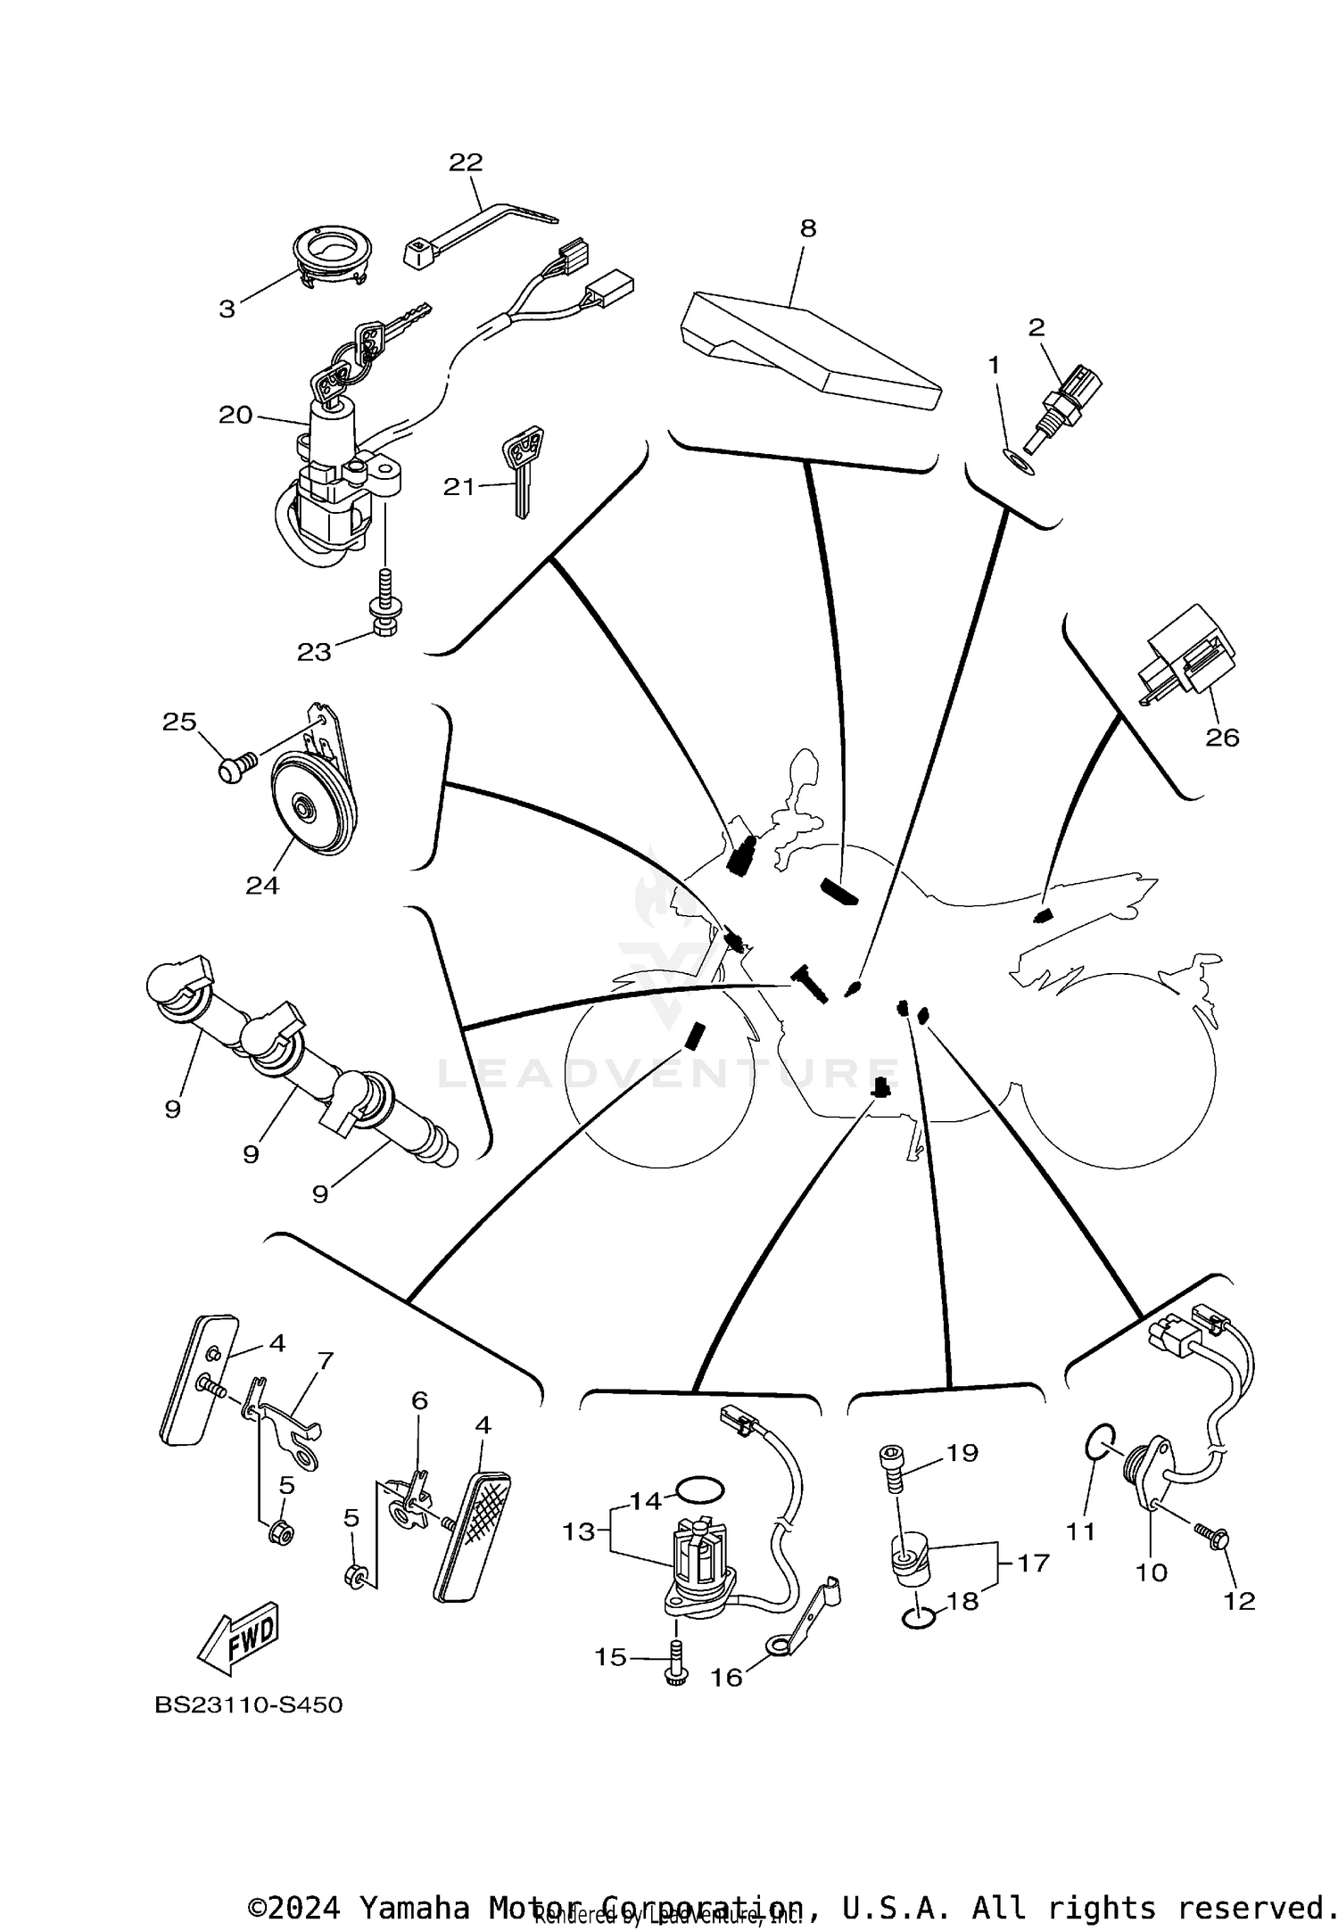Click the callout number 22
466,162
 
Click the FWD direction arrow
238,1639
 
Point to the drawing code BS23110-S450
249,1704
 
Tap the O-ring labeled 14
700,1489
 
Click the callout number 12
1239,1600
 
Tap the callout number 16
726,1678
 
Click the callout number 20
235,415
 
